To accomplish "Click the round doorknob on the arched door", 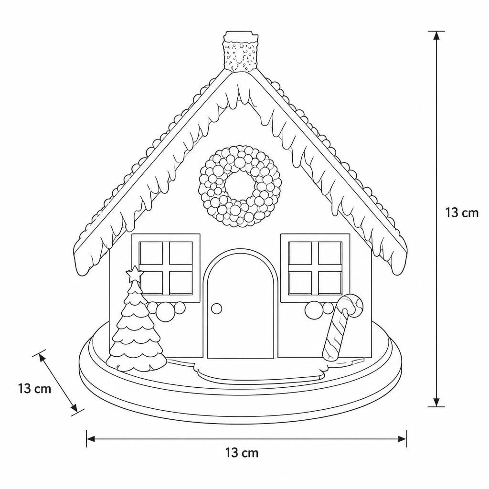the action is [216, 308].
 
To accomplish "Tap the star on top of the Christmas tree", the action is [135, 274].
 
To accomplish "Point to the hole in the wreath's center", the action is [241, 187].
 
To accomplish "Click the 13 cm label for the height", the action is [462, 213].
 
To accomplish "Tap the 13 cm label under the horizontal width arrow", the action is [242, 453].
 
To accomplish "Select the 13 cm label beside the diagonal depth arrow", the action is [34, 389].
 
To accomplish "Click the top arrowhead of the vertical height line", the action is [436, 35].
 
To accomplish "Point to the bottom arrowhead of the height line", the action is [436, 402].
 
